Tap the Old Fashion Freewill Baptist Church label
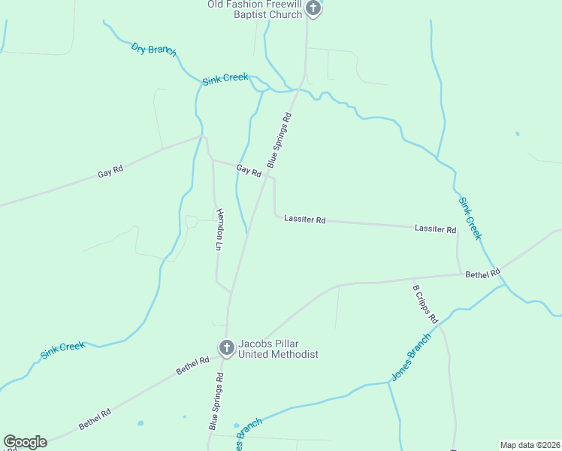tap(255, 9)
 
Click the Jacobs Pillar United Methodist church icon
tap(226, 347)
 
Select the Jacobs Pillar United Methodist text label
tap(278, 349)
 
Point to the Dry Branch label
tap(153, 50)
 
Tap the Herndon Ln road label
tap(219, 229)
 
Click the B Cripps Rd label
tap(425, 302)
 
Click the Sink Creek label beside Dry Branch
tap(225, 78)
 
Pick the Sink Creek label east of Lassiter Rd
tap(470, 219)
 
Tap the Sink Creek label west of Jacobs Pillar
tap(62, 350)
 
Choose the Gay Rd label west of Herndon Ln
tap(110, 173)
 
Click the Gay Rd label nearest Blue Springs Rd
tap(249, 171)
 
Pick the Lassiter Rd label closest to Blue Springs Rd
tap(304, 219)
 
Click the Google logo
tap(25, 442)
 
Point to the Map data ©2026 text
tap(530, 445)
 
